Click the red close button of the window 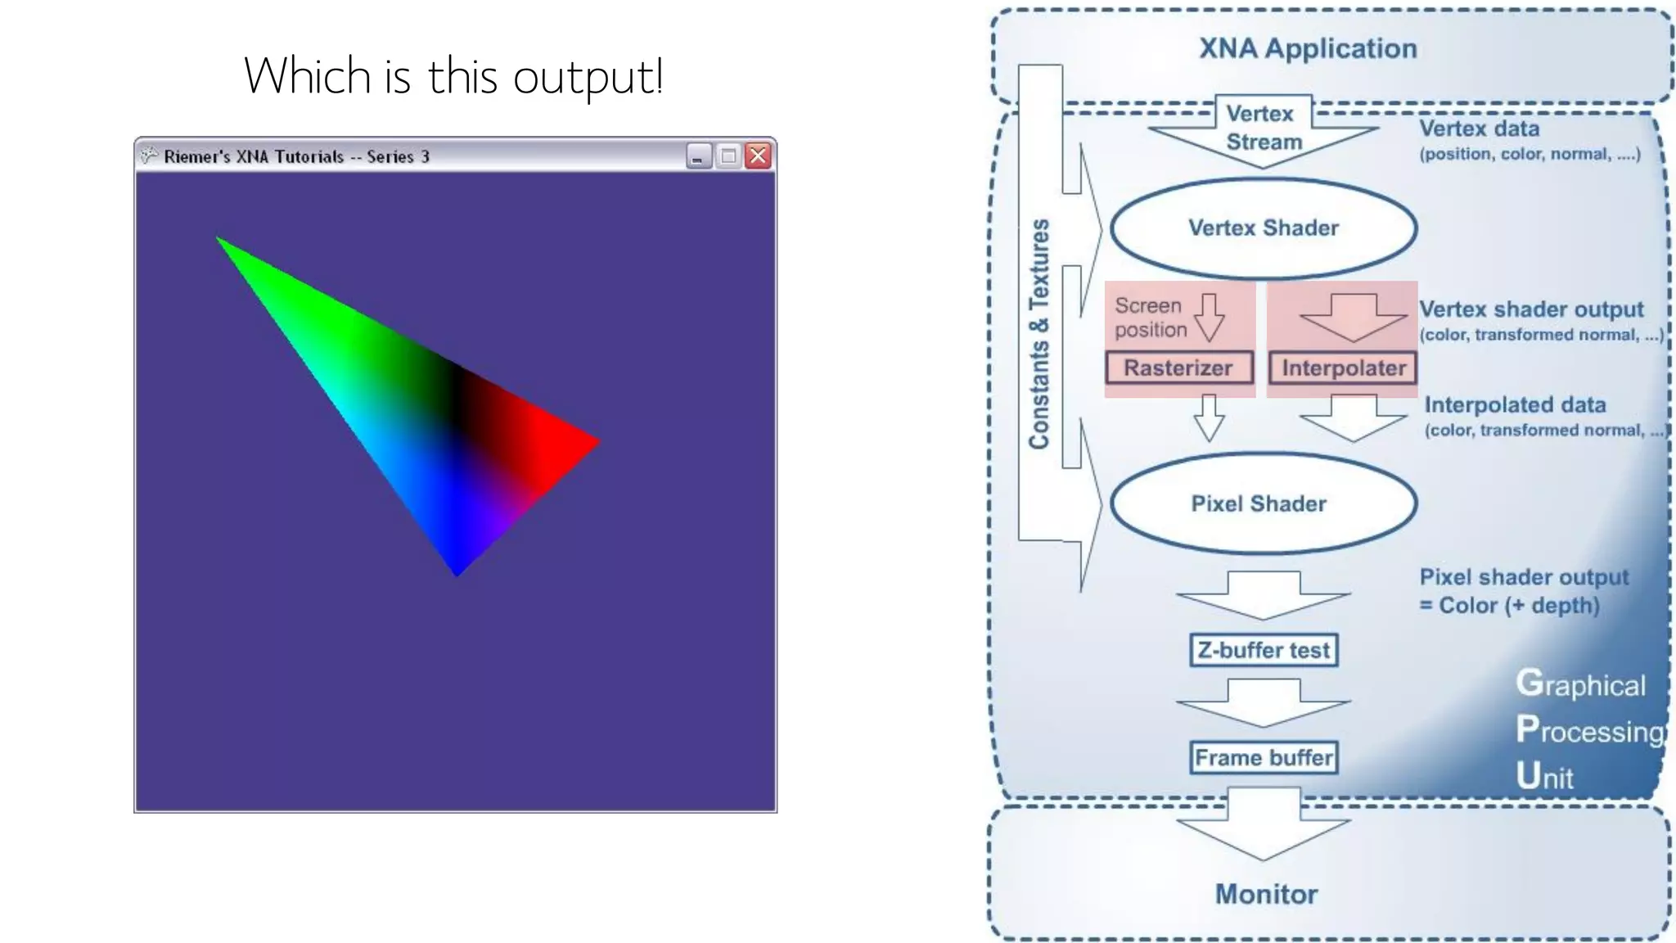click(759, 156)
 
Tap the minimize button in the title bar click(698, 156)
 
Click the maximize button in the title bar click(728, 156)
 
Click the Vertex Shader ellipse click(1263, 228)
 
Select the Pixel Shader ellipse click(1263, 503)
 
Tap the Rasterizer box click(1178, 368)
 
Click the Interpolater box click(1343, 368)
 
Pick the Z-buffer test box click(1264, 650)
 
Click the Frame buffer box click(1264, 757)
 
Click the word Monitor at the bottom click(1266, 894)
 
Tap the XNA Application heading click(1308, 48)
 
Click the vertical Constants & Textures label click(1039, 334)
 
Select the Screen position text click(1150, 318)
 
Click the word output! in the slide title click(588, 77)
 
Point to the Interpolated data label click(1515, 405)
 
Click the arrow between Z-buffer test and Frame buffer click(1264, 702)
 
